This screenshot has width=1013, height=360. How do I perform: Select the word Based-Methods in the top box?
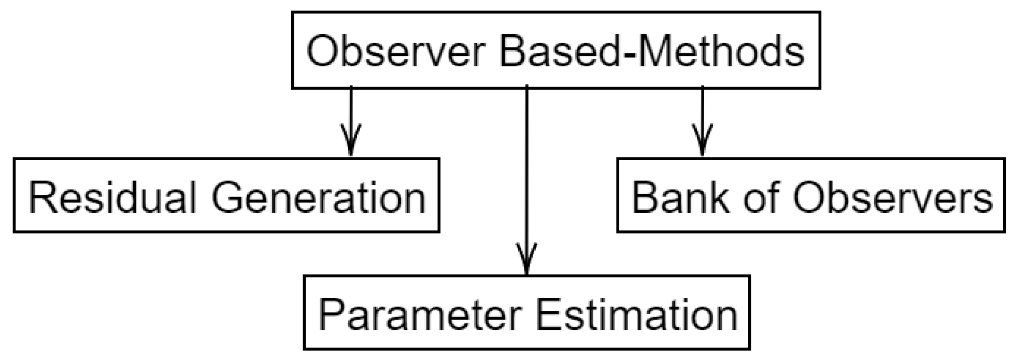click(x=652, y=52)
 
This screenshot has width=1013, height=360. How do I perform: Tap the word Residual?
click(x=112, y=198)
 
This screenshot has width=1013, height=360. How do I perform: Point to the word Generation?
click(x=319, y=198)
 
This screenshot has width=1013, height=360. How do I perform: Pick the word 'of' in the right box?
click(x=762, y=198)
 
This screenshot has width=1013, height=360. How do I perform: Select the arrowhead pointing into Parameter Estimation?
click(x=526, y=259)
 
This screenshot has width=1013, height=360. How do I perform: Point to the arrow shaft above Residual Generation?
click(x=351, y=106)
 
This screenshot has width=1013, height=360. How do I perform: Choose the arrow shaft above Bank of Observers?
click(x=702, y=106)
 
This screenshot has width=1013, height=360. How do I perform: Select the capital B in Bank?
click(x=645, y=198)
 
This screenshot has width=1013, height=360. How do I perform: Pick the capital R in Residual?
click(x=41, y=198)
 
